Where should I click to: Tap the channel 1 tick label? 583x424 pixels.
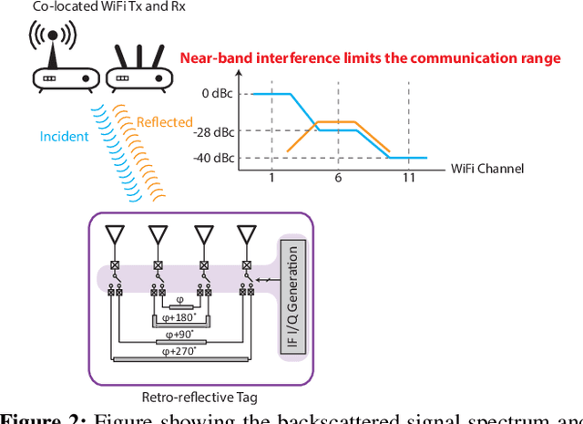click(271, 177)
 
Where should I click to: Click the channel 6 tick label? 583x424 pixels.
click(338, 177)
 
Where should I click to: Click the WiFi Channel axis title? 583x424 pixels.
click(487, 169)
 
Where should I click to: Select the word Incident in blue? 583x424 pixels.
click(64, 137)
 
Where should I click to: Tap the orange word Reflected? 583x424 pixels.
click(165, 122)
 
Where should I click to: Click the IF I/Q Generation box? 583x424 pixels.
click(292, 296)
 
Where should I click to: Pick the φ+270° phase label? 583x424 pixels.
click(179, 352)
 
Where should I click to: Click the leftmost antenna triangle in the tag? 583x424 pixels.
click(114, 234)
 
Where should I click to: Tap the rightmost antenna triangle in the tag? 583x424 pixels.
click(245, 234)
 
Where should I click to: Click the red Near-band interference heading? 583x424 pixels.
click(370, 58)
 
